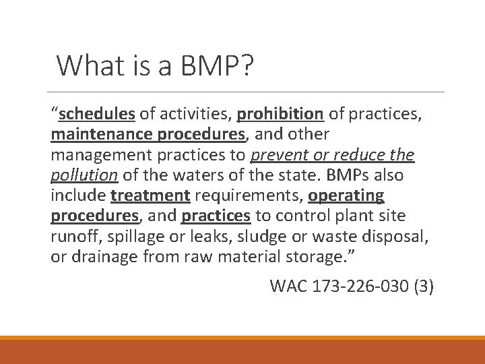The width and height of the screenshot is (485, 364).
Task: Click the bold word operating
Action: click(347, 195)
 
